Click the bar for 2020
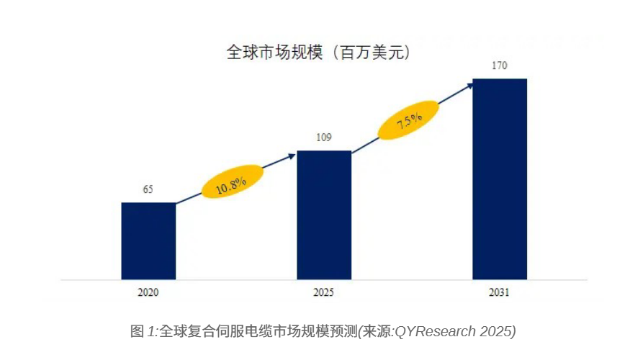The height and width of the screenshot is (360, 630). point(148,240)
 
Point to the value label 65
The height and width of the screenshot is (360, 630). point(148,190)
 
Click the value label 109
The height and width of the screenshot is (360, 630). point(324,138)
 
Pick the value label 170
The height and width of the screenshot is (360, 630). point(500,66)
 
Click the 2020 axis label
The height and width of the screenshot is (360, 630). point(148,293)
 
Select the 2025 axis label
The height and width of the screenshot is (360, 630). point(324,293)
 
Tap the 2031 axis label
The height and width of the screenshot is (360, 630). point(499,293)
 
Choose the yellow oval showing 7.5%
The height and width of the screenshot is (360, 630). point(409,120)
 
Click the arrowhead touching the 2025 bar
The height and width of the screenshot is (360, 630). point(292,155)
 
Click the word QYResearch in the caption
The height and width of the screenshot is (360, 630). point(436,331)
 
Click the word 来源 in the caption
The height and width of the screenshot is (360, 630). point(379,331)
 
